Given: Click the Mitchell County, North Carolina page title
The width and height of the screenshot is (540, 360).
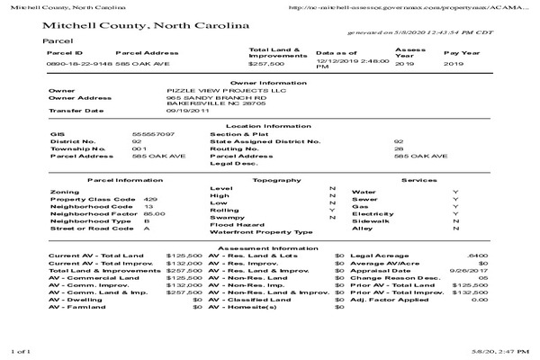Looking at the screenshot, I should click(x=145, y=26).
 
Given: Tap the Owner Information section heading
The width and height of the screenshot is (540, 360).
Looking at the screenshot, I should click(x=269, y=82).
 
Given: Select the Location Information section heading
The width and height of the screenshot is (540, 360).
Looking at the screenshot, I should click(x=269, y=126).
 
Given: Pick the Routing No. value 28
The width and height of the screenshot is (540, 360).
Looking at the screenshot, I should click(x=399, y=148).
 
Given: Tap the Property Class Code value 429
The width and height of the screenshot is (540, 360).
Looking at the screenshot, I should click(x=150, y=199).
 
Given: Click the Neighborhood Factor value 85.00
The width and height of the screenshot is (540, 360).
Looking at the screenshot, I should click(x=154, y=213).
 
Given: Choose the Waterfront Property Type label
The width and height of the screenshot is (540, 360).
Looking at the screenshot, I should click(x=260, y=232).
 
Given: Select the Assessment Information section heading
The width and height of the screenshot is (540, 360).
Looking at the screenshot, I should click(x=269, y=247).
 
